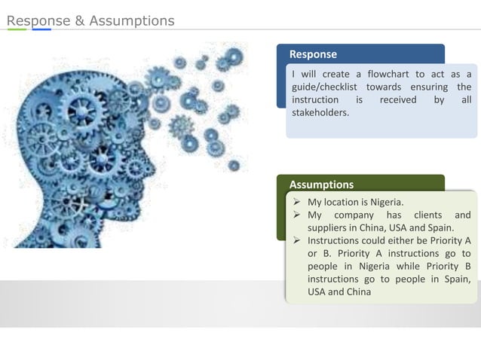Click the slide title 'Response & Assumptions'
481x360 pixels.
click(x=90, y=20)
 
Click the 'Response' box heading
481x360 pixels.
click(x=313, y=54)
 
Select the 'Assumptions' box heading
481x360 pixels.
click(x=321, y=185)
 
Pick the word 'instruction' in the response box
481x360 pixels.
click(x=315, y=100)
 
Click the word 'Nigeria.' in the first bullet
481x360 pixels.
click(x=387, y=202)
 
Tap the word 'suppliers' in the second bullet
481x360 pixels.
click(x=330, y=228)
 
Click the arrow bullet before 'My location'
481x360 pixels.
click(x=298, y=202)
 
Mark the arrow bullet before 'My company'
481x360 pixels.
click(x=298, y=215)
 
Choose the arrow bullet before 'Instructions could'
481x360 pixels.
click(x=298, y=241)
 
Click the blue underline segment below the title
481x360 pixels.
click(x=41, y=30)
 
